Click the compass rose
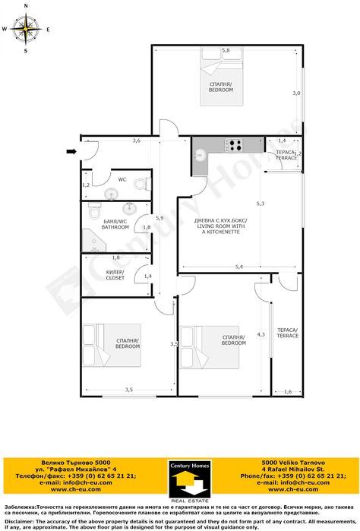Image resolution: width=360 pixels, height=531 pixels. click(25, 30)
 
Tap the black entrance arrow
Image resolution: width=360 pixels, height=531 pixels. click(71, 152)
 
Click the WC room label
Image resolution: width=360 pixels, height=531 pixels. click(122, 180)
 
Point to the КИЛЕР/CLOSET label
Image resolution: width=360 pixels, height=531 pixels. click(115, 275)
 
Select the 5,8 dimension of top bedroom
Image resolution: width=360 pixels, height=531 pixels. click(225, 50)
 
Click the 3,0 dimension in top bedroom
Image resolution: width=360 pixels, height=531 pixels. click(297, 93)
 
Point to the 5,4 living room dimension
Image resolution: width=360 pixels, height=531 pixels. click(238, 267)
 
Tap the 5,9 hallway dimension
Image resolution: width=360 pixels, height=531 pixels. click(159, 218)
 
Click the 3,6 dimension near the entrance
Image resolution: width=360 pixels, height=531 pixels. click(136, 141)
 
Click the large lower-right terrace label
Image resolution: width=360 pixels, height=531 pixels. click(288, 333)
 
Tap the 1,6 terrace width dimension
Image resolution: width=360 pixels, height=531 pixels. click(287, 391)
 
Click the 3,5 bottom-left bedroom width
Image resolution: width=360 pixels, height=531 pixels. click(128, 390)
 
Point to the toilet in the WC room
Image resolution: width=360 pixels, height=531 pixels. click(139, 185)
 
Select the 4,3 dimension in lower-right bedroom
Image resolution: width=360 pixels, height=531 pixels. click(261, 334)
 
